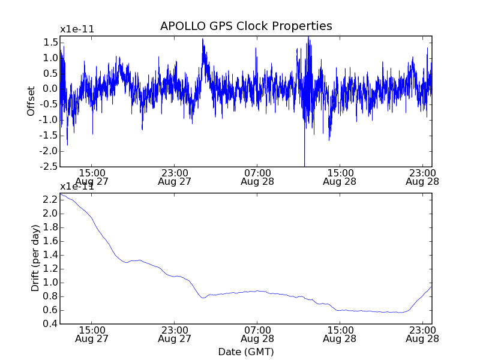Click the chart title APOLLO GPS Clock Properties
[246, 26]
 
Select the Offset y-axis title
[31, 101]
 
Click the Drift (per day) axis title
[35, 258]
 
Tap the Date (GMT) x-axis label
[246, 352]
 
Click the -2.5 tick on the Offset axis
[49, 166]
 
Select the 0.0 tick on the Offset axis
[49, 89]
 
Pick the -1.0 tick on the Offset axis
[49, 120]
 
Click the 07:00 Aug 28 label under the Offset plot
[257, 176]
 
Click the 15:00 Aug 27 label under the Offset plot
[91, 176]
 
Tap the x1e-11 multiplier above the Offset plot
[77, 29]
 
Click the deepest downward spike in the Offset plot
[304, 164]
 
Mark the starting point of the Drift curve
[61, 194]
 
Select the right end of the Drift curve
[431, 287]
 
